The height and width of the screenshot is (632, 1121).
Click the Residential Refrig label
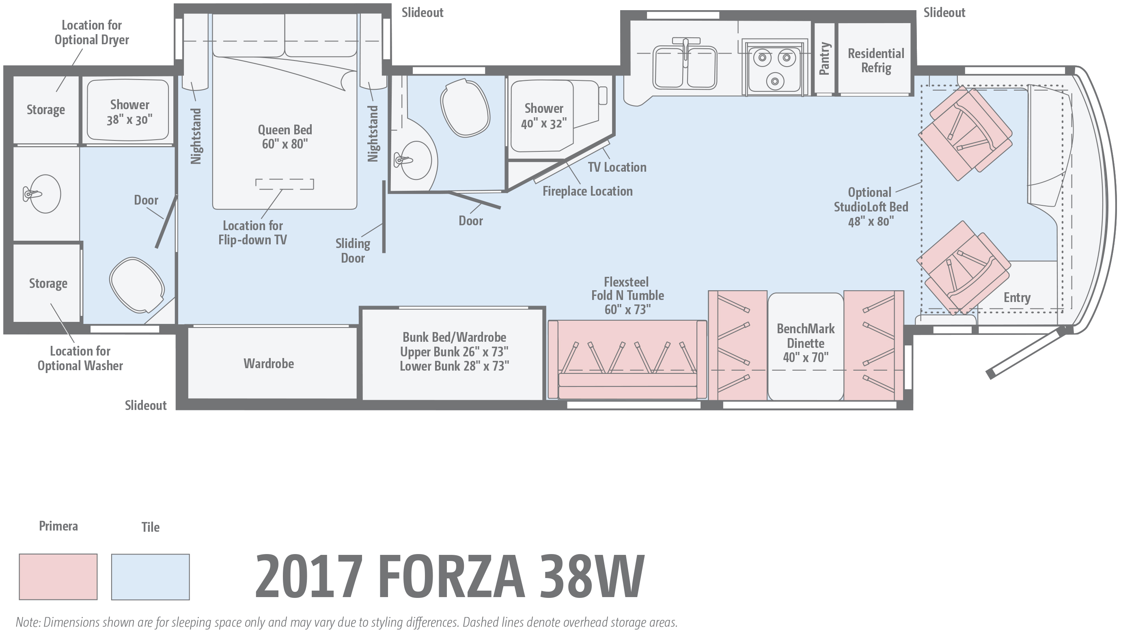point(875,60)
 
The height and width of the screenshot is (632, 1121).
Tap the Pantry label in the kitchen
point(824,58)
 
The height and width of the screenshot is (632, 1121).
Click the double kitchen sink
point(685,67)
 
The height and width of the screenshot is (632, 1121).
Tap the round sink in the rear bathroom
point(45,194)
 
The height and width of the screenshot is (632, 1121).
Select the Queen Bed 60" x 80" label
point(285,137)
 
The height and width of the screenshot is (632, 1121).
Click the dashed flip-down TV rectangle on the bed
point(284,184)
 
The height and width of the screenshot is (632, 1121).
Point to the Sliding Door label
point(352,251)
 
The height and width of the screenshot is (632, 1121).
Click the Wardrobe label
point(269,363)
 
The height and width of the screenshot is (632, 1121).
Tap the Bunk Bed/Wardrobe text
point(454,337)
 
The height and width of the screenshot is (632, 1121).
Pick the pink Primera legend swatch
point(58,576)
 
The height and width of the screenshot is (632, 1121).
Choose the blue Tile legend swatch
point(150,576)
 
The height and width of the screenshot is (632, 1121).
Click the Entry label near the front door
point(1017,298)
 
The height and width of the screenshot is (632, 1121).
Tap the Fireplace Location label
point(587,191)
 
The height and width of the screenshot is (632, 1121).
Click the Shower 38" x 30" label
point(129,112)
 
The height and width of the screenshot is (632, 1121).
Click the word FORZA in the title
point(451,577)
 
